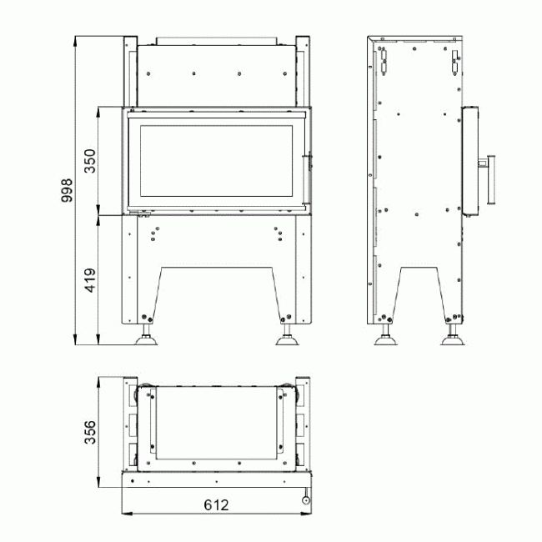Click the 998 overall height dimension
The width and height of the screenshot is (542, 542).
(67, 190)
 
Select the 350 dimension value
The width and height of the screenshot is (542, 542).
(90, 161)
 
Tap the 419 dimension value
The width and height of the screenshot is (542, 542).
(90, 280)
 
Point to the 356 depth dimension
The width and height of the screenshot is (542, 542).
(90, 432)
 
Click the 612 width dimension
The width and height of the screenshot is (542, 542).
(217, 505)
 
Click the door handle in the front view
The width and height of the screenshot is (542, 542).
(306, 179)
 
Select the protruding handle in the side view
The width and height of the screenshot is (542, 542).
(491, 180)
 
